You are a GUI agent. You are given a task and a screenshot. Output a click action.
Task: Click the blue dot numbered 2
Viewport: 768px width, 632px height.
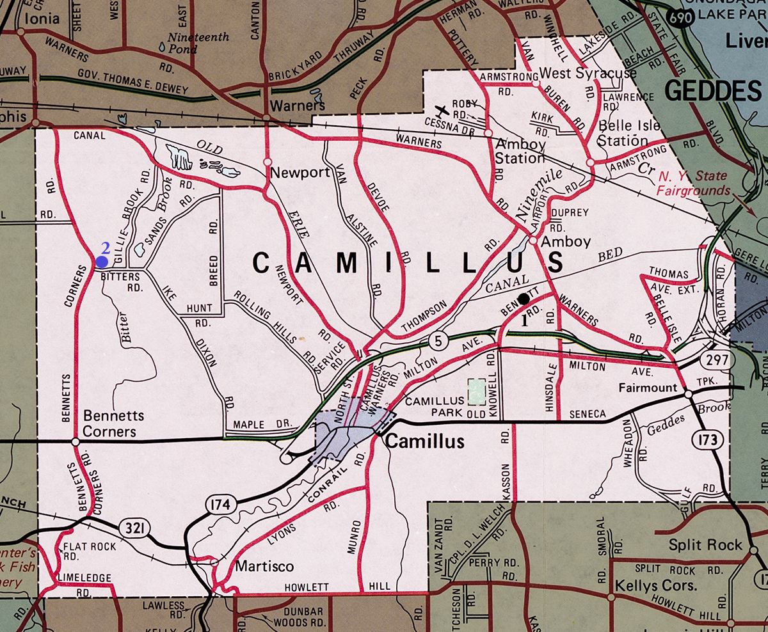(x=101, y=261)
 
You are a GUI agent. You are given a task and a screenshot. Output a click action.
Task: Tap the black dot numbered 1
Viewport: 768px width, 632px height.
(x=524, y=298)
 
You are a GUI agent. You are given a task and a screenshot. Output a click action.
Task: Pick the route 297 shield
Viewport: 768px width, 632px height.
(x=717, y=359)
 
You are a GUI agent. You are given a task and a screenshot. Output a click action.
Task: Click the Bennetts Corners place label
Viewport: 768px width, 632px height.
(x=113, y=423)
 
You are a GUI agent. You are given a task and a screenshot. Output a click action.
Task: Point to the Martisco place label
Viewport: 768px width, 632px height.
(x=264, y=566)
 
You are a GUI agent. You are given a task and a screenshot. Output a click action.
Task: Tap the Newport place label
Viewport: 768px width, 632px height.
(x=300, y=173)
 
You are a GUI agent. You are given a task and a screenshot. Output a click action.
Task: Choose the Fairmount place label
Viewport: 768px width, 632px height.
(x=648, y=388)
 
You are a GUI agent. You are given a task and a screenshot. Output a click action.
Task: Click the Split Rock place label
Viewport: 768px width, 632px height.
(x=705, y=545)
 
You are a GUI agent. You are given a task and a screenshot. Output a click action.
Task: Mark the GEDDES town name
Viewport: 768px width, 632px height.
(x=713, y=91)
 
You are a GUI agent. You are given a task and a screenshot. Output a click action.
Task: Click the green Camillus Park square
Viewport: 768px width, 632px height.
(x=476, y=391)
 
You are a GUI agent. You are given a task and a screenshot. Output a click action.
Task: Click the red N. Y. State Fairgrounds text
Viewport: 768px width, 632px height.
(x=694, y=184)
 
